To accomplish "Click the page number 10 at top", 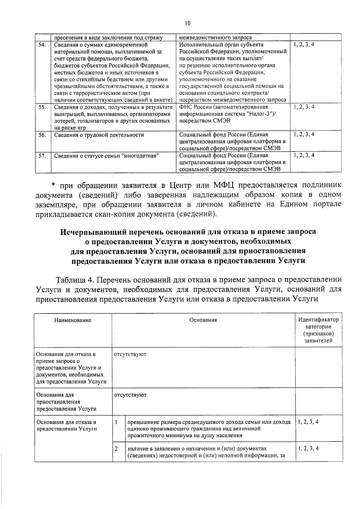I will [x=187, y=23].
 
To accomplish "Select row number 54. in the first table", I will [x=42, y=45].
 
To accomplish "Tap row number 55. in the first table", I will [x=42, y=107].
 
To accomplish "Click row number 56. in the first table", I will [x=42, y=135].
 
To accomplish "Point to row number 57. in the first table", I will [x=42, y=156].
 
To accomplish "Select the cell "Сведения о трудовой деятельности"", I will [x=99, y=135].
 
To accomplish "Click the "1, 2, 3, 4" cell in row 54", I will [x=304, y=45].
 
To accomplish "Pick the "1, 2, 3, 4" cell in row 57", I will [x=304, y=155].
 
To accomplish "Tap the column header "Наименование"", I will [x=73, y=320].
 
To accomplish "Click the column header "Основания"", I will [x=203, y=320].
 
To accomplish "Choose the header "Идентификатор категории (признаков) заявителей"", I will [x=318, y=330].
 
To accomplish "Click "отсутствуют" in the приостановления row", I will [x=130, y=395].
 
